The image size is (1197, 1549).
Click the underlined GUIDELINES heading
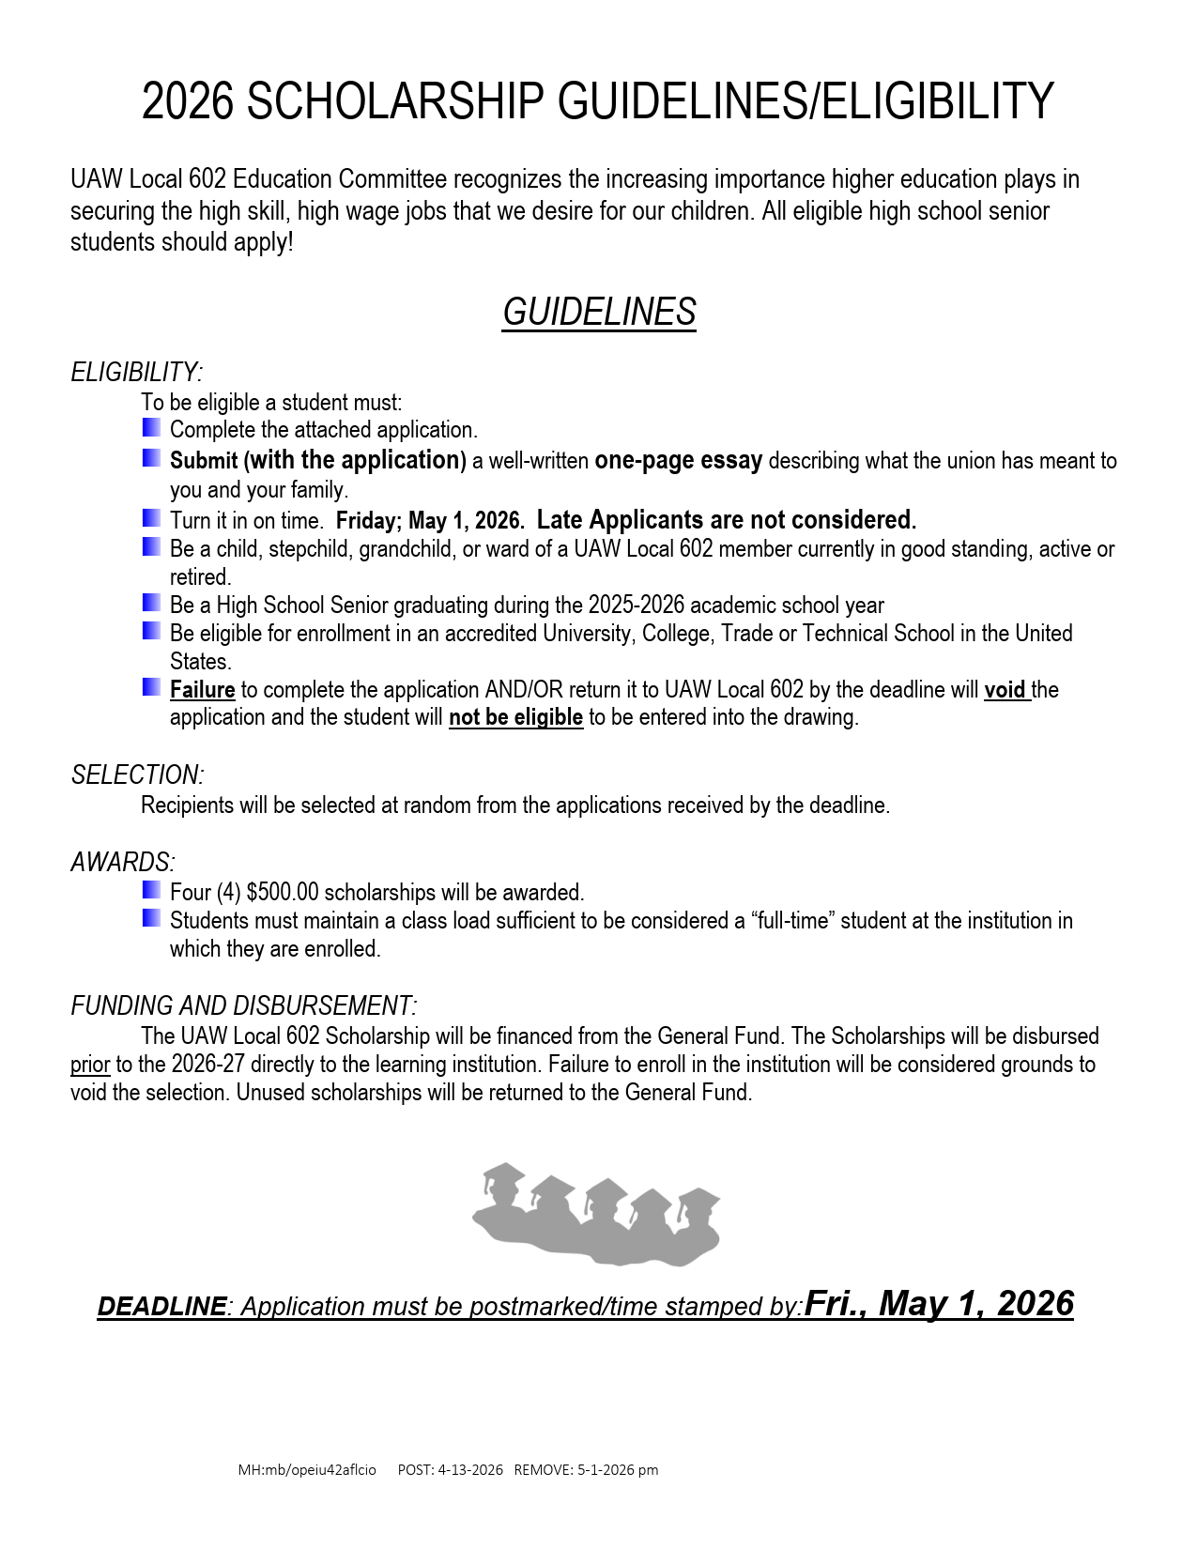point(599,313)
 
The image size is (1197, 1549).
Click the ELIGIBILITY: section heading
point(137,373)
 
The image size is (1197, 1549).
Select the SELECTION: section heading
point(138,775)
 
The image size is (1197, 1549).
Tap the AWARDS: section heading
point(123,863)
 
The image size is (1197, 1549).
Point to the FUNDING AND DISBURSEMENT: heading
point(244,1006)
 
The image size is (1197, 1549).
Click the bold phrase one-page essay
point(678,461)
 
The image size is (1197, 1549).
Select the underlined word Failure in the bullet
point(202,690)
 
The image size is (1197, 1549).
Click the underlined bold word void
point(1005,690)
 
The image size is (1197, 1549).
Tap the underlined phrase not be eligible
point(515,718)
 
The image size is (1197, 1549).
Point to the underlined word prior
point(90,1066)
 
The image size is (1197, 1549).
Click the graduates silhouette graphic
point(597,1213)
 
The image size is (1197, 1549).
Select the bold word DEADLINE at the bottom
point(161,1307)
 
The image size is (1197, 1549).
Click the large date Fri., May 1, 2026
point(939,1304)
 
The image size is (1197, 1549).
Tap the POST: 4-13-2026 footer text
point(450,1470)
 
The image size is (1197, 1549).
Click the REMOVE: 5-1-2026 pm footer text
point(586,1470)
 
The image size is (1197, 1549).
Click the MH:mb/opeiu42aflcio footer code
point(307,1470)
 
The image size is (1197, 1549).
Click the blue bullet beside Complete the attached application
point(151,428)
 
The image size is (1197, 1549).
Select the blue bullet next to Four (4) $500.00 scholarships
point(151,889)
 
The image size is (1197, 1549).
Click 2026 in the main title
point(187,101)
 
